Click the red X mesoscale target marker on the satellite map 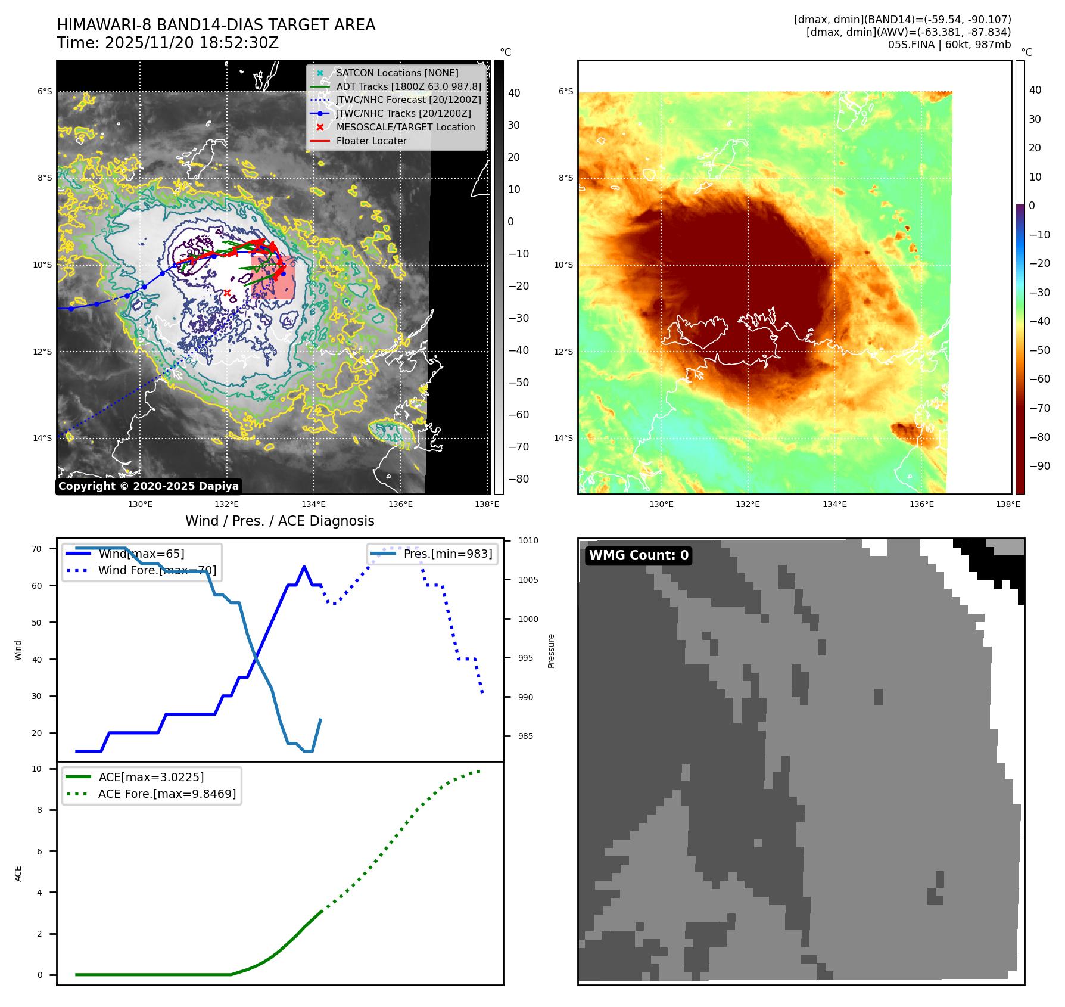pos(227,293)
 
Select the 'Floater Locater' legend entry pos(371,141)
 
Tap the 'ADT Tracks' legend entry pos(408,86)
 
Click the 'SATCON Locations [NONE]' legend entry pos(397,73)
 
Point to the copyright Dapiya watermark pos(148,486)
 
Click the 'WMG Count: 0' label pos(639,555)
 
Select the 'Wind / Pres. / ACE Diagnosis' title pos(279,521)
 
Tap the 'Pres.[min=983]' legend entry pos(447,554)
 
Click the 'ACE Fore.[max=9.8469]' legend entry pos(167,794)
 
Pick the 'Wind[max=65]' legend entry pos(141,554)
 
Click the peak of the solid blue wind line pos(304,567)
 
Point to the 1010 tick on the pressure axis pos(528,541)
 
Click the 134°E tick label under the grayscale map pos(313,505)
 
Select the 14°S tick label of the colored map pos(563,438)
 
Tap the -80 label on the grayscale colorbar pos(518,479)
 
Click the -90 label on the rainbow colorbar pos(1040,466)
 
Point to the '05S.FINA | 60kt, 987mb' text pos(949,45)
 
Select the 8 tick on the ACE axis pos(40,810)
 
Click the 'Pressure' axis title pos(551,651)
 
